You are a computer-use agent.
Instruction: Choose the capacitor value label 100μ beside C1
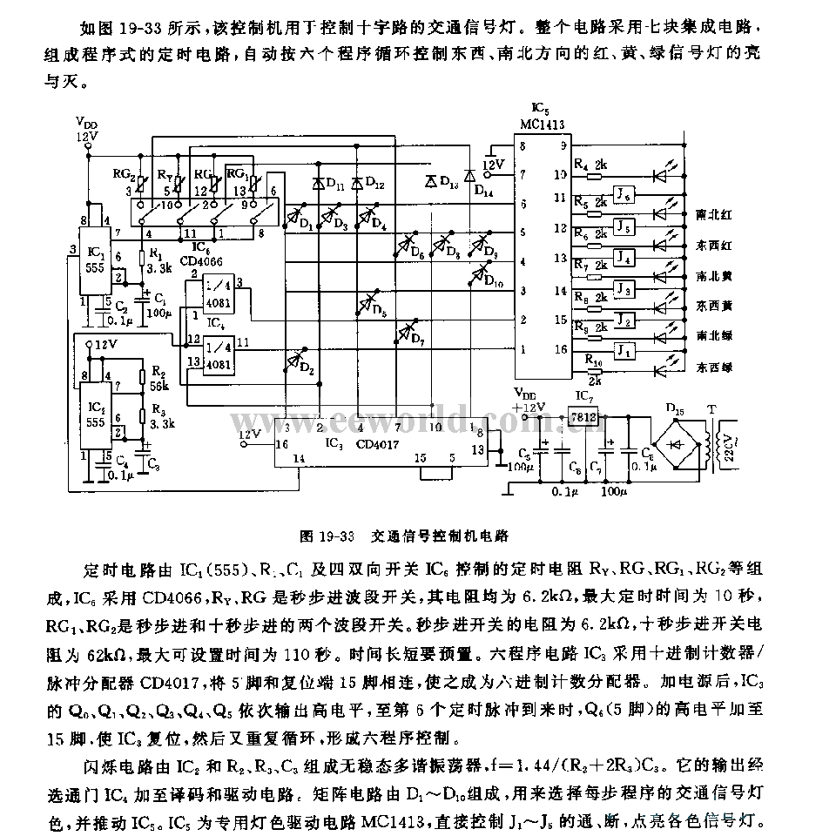click(157, 311)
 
